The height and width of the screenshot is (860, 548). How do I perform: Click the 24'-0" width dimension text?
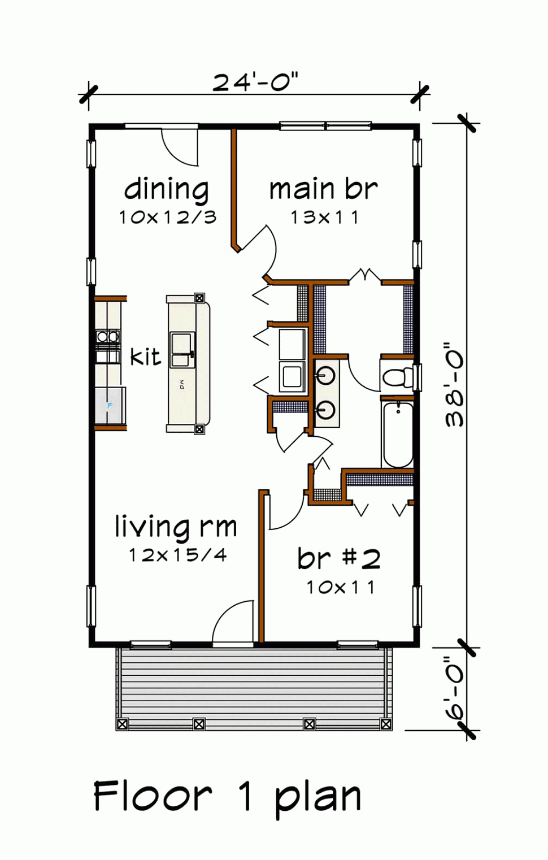tap(255, 82)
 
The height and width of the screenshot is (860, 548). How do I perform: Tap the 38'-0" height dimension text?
tap(455, 384)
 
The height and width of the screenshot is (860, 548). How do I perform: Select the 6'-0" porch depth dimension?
tap(455, 688)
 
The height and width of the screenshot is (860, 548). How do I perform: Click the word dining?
tap(166, 189)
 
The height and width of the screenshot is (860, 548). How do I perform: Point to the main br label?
tap(323, 189)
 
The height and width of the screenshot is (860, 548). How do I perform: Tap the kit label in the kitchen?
tap(145, 357)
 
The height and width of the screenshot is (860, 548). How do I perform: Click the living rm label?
tap(176, 527)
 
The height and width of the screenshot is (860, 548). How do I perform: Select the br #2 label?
tap(339, 558)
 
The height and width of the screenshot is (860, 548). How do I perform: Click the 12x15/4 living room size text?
tap(177, 555)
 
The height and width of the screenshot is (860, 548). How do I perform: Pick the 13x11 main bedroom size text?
tap(325, 218)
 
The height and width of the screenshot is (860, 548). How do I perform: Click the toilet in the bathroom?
tap(398, 376)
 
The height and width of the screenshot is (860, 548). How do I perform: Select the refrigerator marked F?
tap(110, 406)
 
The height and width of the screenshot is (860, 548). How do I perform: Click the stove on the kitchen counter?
tap(108, 337)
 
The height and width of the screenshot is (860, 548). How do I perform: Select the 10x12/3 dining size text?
tap(168, 218)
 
